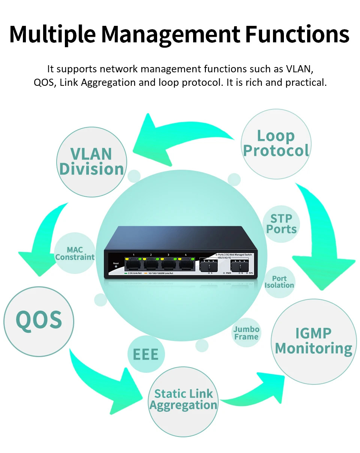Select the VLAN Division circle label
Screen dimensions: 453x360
[x=91, y=161]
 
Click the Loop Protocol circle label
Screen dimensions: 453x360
[x=276, y=143]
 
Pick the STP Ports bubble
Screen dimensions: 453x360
[x=281, y=224]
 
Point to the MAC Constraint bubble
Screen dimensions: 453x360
[x=75, y=253]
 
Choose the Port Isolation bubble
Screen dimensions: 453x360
[x=279, y=282]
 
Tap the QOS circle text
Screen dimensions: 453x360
[x=39, y=320]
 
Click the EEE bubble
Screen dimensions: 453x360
[x=145, y=354]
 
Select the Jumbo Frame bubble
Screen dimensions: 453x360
[x=246, y=333]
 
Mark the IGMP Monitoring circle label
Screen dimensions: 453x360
[x=313, y=341]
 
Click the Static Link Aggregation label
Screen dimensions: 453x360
[x=183, y=399]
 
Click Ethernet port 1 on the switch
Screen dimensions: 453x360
[x=134, y=265]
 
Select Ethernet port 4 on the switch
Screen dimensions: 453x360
[x=186, y=265]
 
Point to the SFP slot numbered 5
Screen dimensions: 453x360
[x=208, y=266]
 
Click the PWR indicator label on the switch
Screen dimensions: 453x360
[x=228, y=273]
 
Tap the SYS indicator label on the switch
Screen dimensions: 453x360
[x=250, y=273]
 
